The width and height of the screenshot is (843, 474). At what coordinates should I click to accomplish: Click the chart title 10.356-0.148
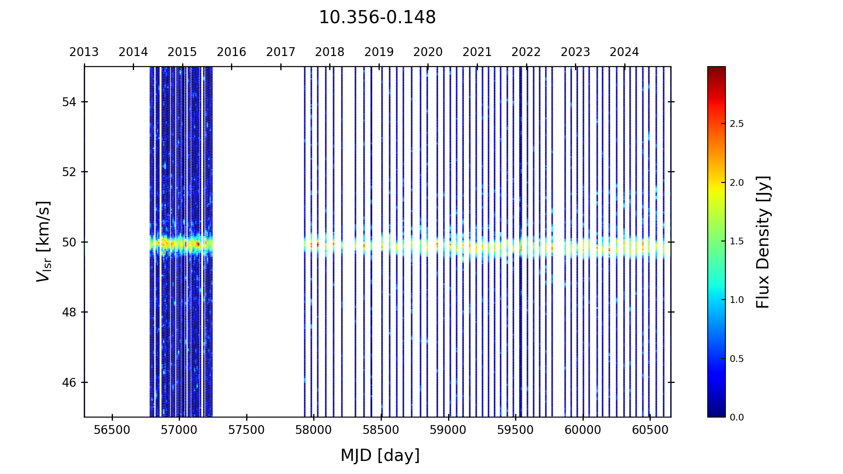coord(377,18)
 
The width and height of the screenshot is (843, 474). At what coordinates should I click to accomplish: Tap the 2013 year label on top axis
coord(84,52)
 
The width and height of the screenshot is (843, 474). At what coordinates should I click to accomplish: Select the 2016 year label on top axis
coord(231,52)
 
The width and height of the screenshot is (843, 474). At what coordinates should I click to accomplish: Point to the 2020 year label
coord(428,52)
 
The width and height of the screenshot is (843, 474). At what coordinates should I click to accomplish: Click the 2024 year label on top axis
coord(624,52)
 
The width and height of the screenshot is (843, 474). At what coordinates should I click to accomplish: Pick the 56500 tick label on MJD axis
coord(112,430)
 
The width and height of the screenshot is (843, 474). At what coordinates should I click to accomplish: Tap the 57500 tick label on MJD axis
coord(247,430)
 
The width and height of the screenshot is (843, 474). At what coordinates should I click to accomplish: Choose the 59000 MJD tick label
coord(448,430)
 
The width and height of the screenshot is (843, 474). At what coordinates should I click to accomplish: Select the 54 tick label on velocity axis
coord(69,102)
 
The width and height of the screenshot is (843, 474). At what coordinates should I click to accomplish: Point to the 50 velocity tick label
coord(69,242)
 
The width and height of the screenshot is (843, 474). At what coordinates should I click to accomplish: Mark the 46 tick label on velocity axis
coord(69,383)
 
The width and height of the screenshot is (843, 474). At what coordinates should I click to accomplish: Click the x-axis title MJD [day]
coord(380,455)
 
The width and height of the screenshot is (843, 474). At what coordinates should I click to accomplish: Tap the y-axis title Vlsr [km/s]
coord(43,241)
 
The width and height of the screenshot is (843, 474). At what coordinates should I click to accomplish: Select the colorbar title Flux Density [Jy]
coord(763,242)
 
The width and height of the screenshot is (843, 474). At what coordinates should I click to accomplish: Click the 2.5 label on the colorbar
coord(736,124)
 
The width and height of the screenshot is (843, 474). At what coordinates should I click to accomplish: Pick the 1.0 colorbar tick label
coord(736,300)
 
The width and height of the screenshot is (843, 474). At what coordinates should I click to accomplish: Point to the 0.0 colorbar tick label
coord(736,418)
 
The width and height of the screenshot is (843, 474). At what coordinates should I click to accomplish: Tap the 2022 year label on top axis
coord(526,52)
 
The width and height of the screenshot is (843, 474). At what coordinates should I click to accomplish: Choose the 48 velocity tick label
coord(69,312)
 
